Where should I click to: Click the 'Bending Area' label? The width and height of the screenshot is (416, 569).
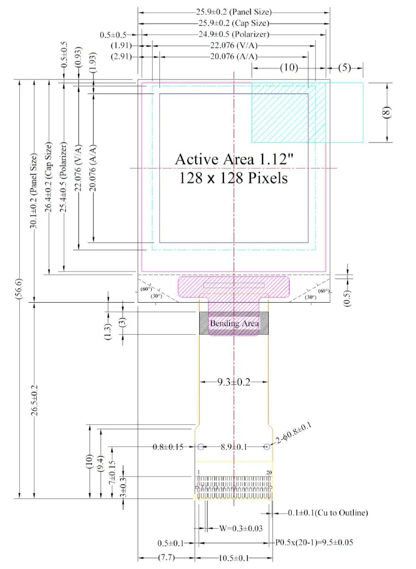click(x=234, y=323)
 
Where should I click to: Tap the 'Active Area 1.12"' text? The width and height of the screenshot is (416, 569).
click(x=234, y=159)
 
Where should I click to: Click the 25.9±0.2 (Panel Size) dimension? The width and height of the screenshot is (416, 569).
click(x=234, y=12)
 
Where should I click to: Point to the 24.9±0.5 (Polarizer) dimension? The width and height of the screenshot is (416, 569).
click(x=234, y=34)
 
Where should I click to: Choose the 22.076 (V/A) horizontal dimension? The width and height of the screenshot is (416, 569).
click(x=234, y=46)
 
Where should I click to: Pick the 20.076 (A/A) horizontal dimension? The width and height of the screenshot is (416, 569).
click(x=234, y=56)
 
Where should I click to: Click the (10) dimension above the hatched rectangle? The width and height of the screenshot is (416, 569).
click(x=289, y=67)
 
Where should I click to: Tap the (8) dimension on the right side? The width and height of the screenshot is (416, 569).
click(x=387, y=112)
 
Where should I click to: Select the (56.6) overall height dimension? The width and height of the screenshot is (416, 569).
click(x=19, y=289)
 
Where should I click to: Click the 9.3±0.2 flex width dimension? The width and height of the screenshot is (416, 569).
click(x=234, y=382)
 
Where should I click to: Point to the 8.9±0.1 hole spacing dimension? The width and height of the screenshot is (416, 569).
click(x=234, y=447)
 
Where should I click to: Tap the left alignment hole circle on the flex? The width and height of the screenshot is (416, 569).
click(x=201, y=447)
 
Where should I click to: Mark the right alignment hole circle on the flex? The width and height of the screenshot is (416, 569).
click(x=267, y=447)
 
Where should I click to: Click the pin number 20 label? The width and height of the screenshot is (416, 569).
click(x=269, y=472)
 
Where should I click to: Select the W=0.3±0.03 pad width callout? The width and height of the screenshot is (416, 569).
click(x=241, y=528)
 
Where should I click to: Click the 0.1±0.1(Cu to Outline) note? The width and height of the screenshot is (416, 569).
click(x=328, y=513)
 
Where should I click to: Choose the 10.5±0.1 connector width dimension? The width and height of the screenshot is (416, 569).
click(x=234, y=558)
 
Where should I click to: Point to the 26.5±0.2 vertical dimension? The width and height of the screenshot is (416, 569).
click(x=34, y=400)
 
